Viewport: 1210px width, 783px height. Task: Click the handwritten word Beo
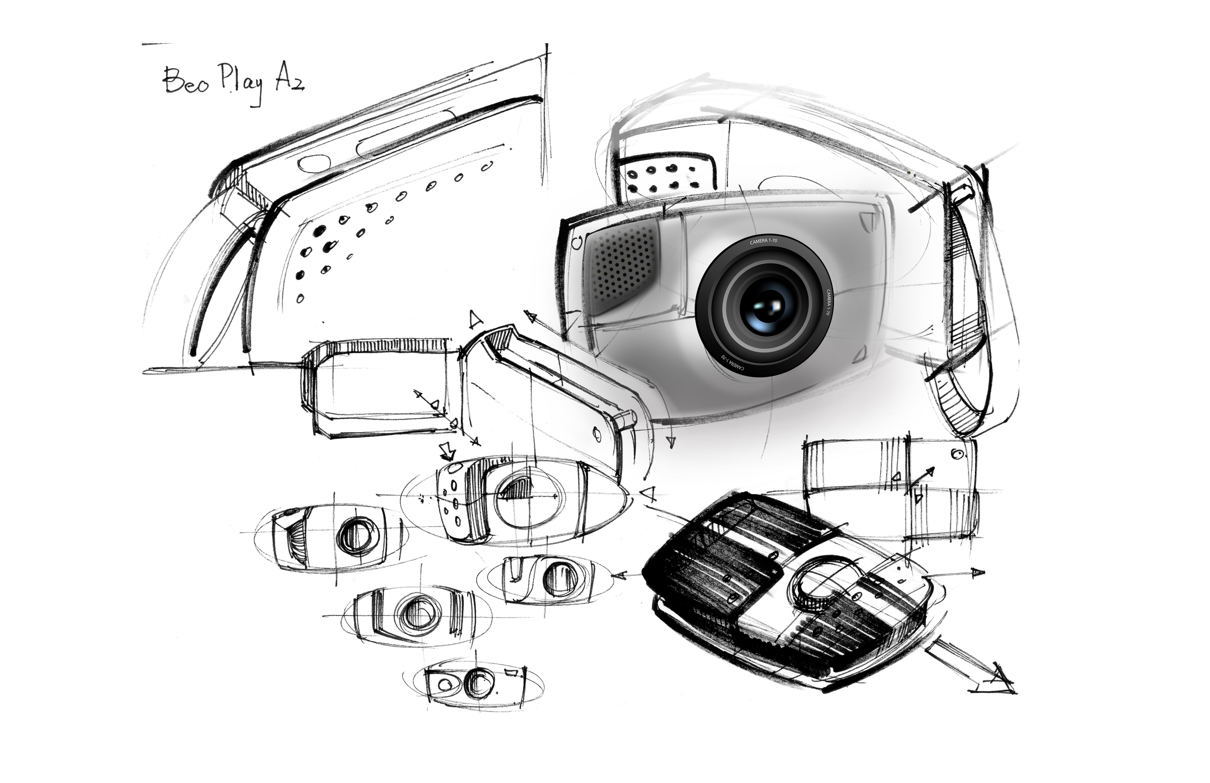[185, 81]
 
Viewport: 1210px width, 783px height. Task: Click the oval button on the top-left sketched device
[314, 164]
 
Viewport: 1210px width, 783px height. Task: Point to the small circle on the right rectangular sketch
[958, 453]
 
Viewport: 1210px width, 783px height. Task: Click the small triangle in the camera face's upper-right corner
[867, 220]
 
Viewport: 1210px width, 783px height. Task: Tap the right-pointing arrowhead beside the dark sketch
[977, 573]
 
